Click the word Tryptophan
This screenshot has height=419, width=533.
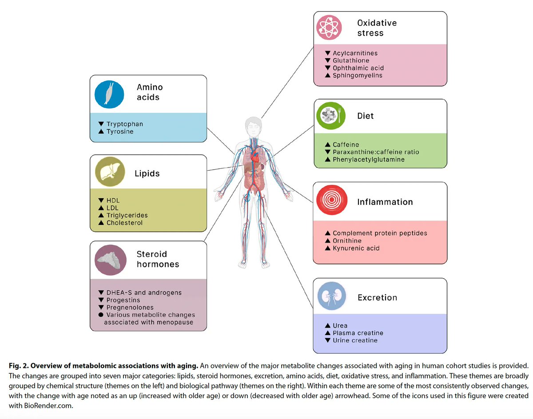coord(124,124)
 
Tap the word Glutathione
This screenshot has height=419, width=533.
coord(351,60)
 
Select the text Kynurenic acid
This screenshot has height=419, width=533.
coord(356,248)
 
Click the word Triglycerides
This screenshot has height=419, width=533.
coord(127,215)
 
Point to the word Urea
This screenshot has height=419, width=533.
coord(340,325)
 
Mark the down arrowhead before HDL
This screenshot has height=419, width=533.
coord(101,200)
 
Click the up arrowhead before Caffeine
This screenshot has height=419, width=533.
coord(327,144)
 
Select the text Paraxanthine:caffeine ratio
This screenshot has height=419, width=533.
coord(375,152)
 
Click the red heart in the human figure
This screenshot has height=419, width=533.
coord(255,157)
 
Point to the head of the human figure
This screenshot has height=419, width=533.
coord(253,127)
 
